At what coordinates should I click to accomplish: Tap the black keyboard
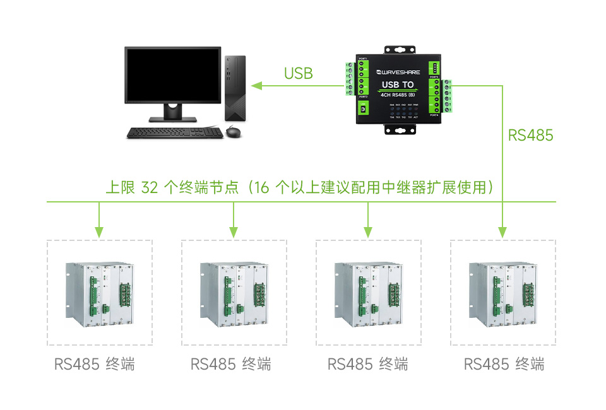point(175,132)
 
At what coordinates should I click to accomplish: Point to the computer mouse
point(234,132)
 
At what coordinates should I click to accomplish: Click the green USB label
point(298,73)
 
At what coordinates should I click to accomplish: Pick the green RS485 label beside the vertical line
point(530,135)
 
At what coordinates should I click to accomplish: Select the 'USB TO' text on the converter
point(398,85)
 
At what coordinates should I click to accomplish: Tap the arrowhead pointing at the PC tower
point(256,85)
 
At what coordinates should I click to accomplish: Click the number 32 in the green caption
point(150,188)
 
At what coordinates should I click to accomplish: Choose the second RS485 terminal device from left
point(234,293)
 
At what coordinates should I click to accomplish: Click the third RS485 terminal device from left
point(369,293)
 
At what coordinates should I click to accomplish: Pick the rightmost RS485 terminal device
point(503,293)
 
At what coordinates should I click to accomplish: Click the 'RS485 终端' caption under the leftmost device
point(95,364)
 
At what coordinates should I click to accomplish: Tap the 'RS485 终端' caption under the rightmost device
point(504,364)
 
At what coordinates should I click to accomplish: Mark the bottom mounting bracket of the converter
point(398,131)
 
